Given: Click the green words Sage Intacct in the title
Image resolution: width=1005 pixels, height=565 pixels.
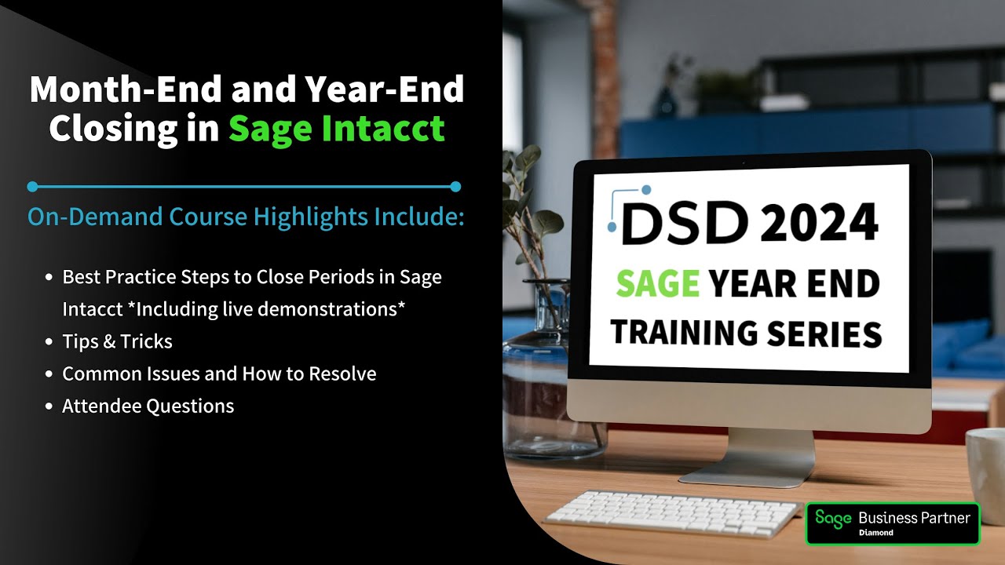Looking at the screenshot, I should coord(337,127).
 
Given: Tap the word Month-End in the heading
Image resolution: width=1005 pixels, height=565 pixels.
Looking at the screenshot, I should coord(127,89).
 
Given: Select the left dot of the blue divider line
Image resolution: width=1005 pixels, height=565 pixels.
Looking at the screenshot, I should coord(32,187).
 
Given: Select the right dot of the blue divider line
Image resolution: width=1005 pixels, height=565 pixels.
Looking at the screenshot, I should coord(455,187).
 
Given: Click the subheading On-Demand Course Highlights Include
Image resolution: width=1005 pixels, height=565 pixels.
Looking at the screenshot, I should coord(246,217).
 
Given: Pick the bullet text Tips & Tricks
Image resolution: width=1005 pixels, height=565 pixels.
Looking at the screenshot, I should coord(117,341).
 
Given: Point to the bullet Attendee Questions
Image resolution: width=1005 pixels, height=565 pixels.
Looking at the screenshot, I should coord(148,406).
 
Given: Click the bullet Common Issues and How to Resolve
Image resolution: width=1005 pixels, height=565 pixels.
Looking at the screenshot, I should coord(219,374).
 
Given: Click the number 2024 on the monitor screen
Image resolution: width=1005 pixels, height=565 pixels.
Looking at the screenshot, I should coord(818,222).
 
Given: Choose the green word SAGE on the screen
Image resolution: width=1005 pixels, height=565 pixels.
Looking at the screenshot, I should coord(657,283).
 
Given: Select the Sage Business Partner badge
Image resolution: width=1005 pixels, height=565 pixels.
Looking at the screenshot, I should coord(893,523).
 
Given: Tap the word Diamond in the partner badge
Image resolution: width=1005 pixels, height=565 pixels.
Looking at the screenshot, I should coord(875,533).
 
